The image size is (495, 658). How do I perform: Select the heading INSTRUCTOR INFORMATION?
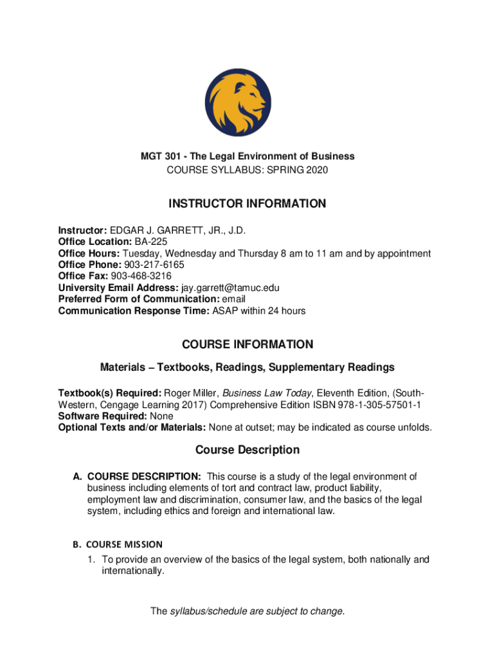tap(248, 204)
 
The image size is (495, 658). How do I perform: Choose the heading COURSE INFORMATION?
tap(248, 344)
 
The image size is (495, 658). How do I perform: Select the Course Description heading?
tap(248, 450)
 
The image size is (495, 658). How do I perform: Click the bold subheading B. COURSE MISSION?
tap(118, 544)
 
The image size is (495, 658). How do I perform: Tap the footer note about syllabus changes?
tap(248, 611)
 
